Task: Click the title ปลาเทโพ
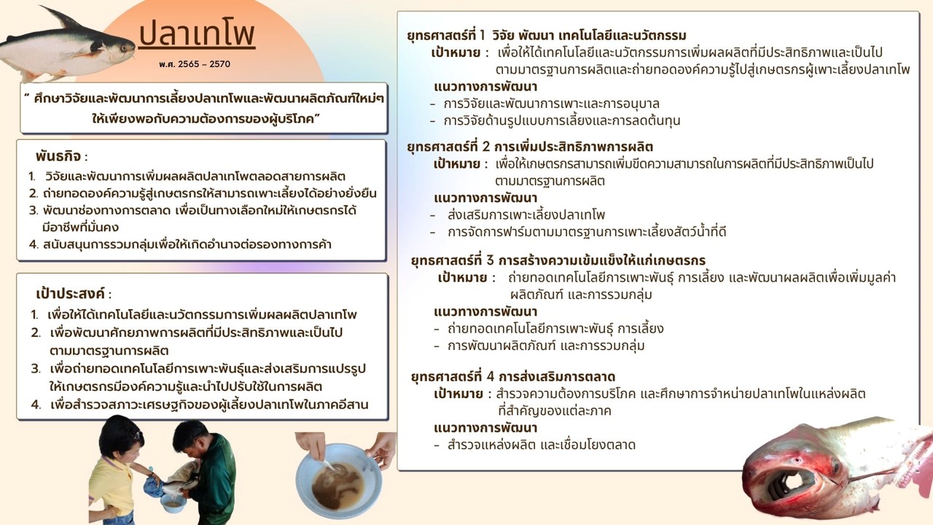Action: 197,34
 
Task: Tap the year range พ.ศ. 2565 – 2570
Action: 194,64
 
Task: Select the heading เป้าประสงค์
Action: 70,294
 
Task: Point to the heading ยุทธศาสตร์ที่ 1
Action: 446,36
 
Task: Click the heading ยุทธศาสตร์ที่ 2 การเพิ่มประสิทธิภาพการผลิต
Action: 530,147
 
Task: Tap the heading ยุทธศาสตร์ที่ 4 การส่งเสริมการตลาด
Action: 513,377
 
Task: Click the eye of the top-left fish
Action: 124,49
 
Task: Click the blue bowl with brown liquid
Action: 338,481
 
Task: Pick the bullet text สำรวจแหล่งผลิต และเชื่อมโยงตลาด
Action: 542,445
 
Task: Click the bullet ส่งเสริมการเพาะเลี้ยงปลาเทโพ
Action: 526,215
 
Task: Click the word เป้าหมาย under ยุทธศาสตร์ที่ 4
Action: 458,394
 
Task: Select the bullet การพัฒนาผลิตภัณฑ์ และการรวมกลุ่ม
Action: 546,346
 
